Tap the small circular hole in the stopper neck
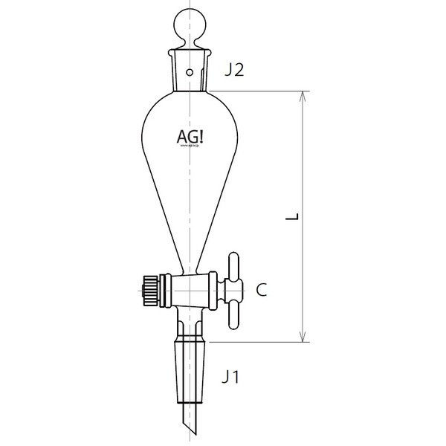pyautogui.click(x=192, y=73)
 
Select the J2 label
pyautogui.click(x=235, y=71)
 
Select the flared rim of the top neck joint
pyautogui.click(x=192, y=54)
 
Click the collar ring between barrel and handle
pyautogui.click(x=215, y=288)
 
